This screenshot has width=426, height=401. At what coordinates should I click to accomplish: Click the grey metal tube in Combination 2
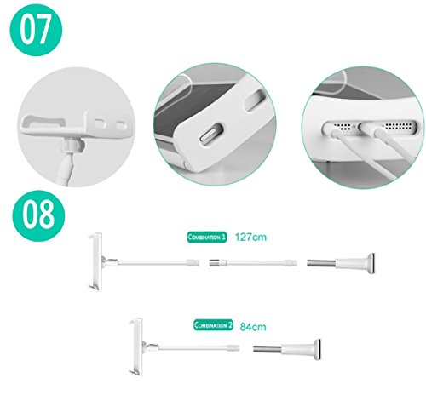273,349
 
